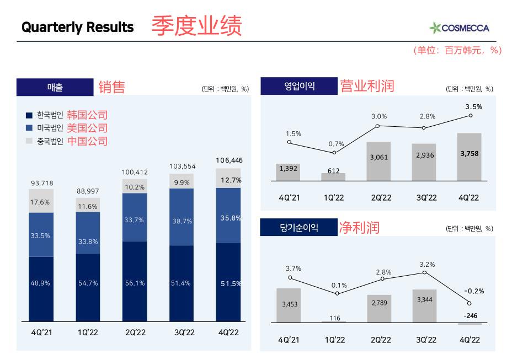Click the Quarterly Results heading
pyautogui.click(x=78, y=27)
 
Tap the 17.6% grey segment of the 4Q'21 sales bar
pyautogui.click(x=41, y=201)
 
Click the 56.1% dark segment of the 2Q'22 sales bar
pyautogui.click(x=135, y=282)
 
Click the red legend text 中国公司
pyautogui.click(x=87, y=141)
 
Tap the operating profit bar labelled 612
pyautogui.click(x=334, y=177)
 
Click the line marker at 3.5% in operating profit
pyautogui.click(x=471, y=115)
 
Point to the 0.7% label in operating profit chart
pyautogui.click(x=335, y=144)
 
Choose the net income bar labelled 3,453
pyautogui.click(x=289, y=305)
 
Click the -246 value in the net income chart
pyautogui.click(x=469, y=315)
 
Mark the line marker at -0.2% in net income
pyautogui.click(x=469, y=303)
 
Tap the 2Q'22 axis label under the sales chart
pyautogui.click(x=135, y=333)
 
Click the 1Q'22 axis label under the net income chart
pyautogui.click(x=334, y=340)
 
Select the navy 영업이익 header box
pyautogui.click(x=298, y=86)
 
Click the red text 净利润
pyautogui.click(x=359, y=227)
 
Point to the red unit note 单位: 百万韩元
pyautogui.click(x=457, y=50)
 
